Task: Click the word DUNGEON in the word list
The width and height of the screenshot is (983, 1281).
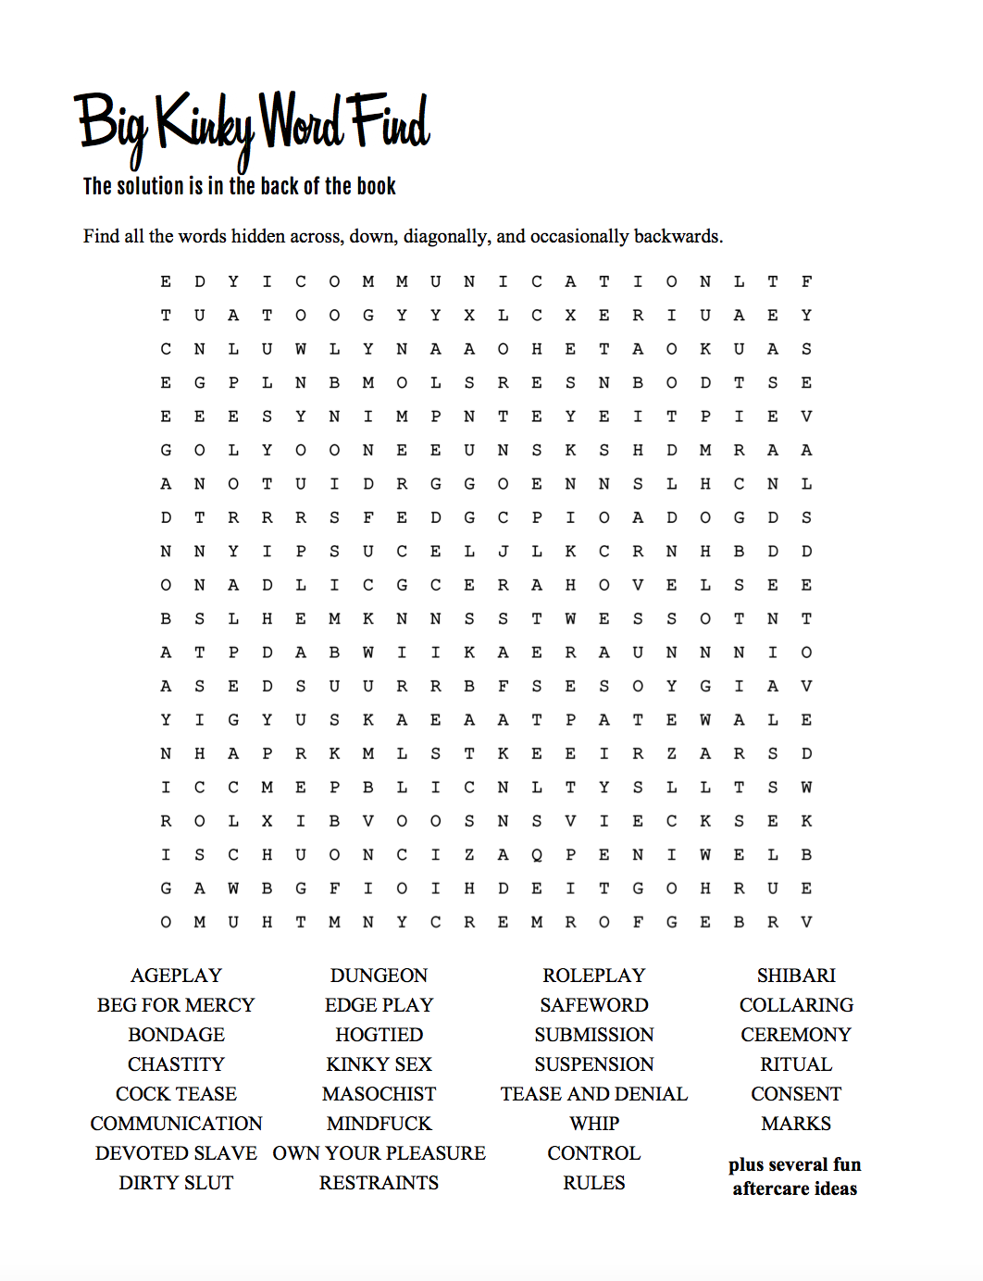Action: pos(379,976)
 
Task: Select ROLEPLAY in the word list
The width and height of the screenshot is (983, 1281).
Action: pos(593,976)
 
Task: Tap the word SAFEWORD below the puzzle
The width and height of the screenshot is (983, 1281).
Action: pos(593,1005)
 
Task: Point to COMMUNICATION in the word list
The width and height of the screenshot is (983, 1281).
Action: pos(176,1124)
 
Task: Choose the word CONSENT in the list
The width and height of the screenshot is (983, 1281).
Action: pos(796,1094)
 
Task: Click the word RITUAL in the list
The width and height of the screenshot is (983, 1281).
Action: pos(796,1064)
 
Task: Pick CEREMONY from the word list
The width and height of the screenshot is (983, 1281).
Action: pos(796,1035)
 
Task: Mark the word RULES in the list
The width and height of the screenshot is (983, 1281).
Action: pos(593,1183)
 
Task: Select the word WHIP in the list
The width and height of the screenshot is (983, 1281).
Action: pos(594,1124)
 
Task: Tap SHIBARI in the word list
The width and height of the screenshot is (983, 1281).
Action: pos(796,976)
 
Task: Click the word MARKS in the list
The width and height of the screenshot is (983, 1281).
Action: pos(796,1124)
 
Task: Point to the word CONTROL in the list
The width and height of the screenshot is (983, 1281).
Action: pos(593,1153)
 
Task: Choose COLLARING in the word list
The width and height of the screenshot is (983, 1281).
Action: pos(796,1005)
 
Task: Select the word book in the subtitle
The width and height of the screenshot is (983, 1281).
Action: pos(376,187)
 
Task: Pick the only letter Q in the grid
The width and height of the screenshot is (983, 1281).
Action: pos(537,855)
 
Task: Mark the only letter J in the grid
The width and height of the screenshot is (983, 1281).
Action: pos(503,552)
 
